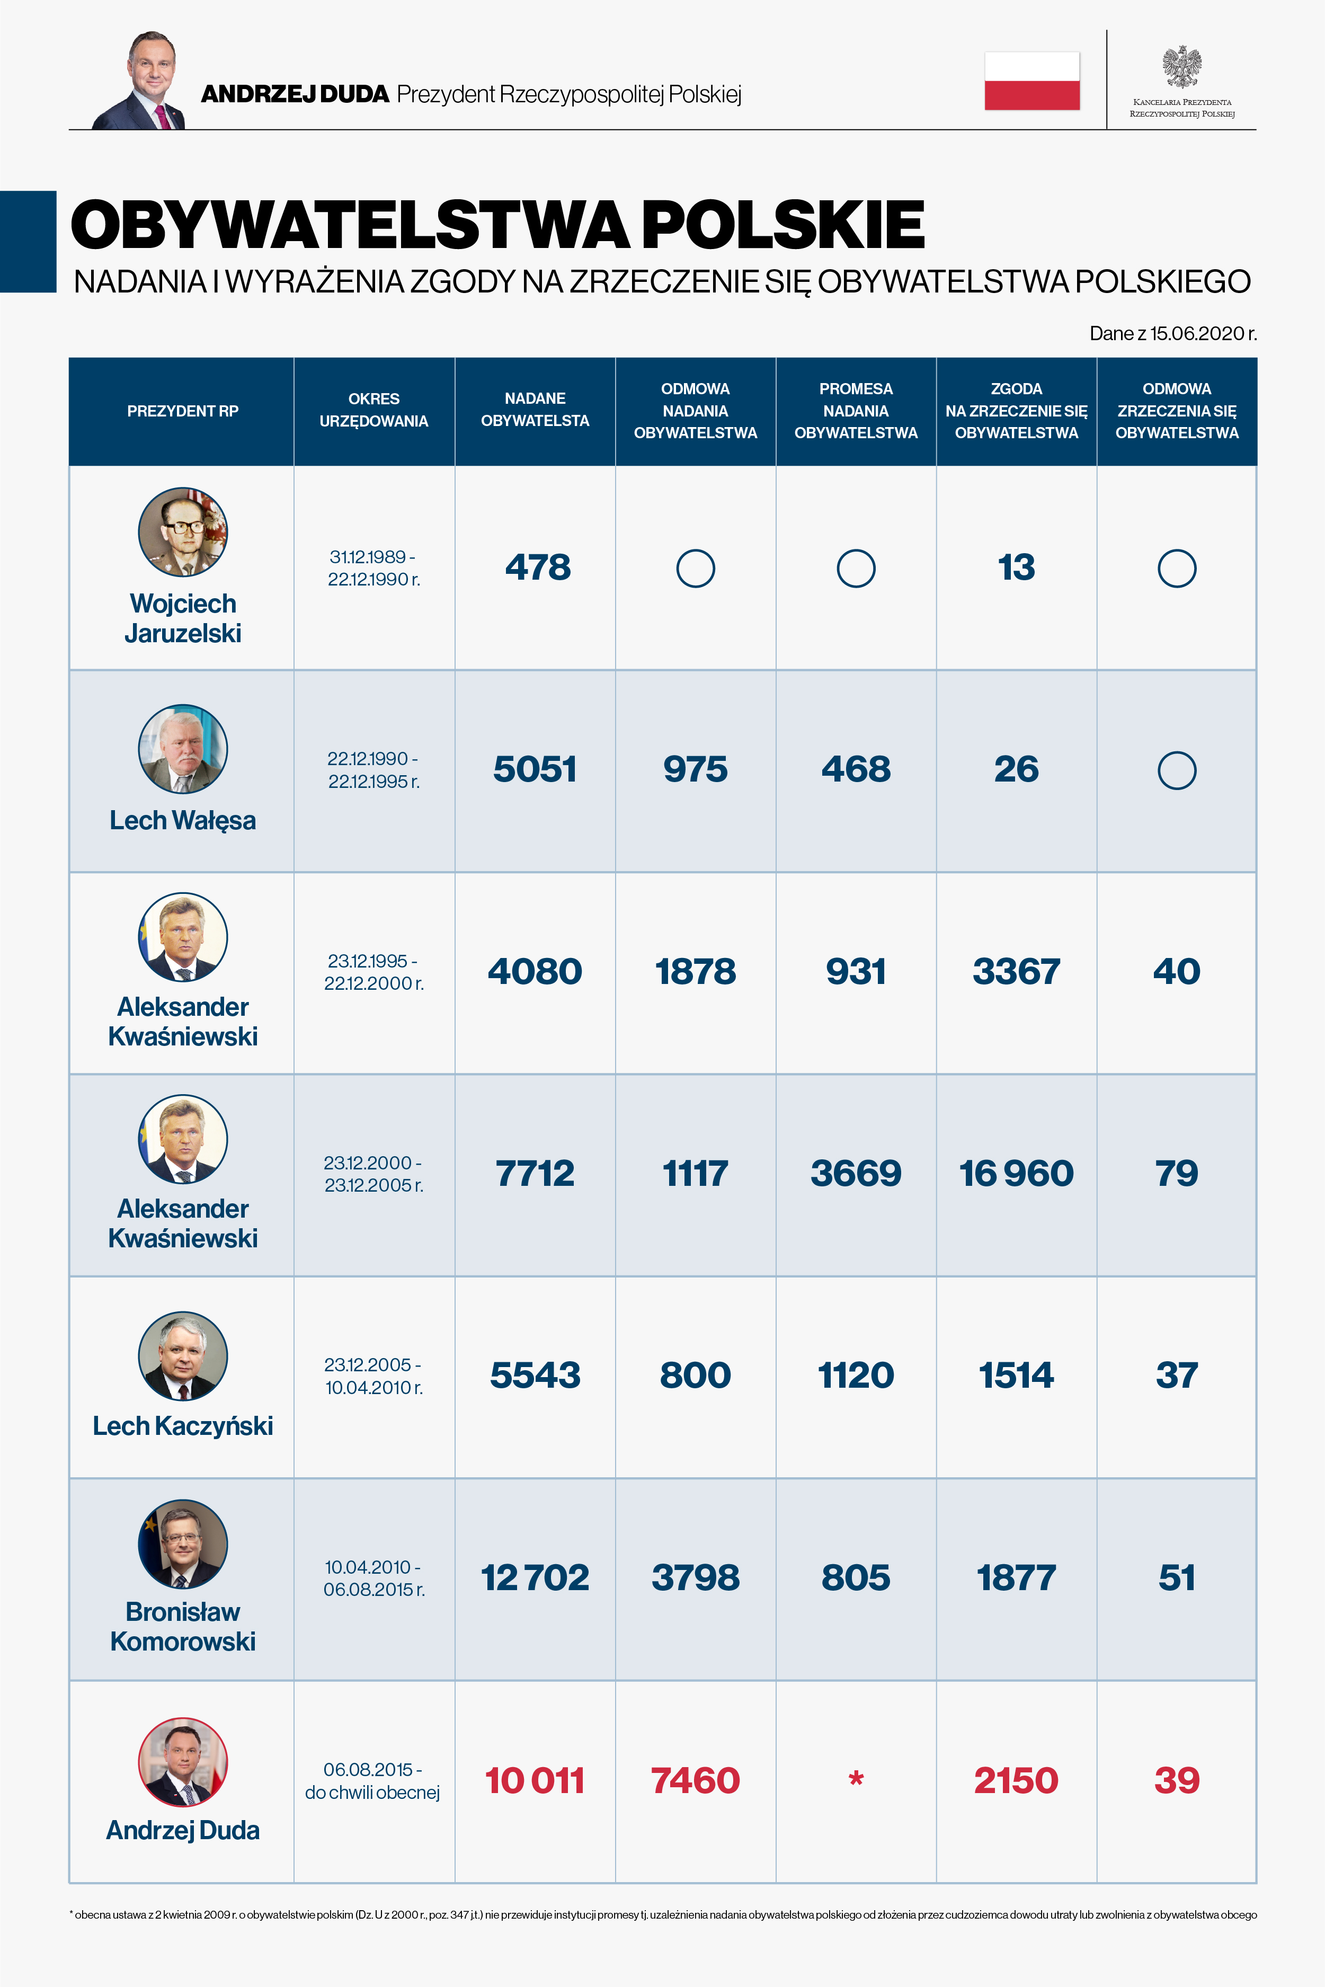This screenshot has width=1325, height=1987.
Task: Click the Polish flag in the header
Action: pos(1032,81)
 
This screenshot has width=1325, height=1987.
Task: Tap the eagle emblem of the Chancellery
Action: pos(1181,67)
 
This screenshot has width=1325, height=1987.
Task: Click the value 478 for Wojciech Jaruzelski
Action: pos(537,567)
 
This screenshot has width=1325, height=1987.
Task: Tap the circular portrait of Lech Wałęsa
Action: pos(183,749)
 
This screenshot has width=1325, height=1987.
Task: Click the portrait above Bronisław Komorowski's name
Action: pos(183,1544)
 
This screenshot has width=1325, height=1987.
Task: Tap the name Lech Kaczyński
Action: pos(183,1426)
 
